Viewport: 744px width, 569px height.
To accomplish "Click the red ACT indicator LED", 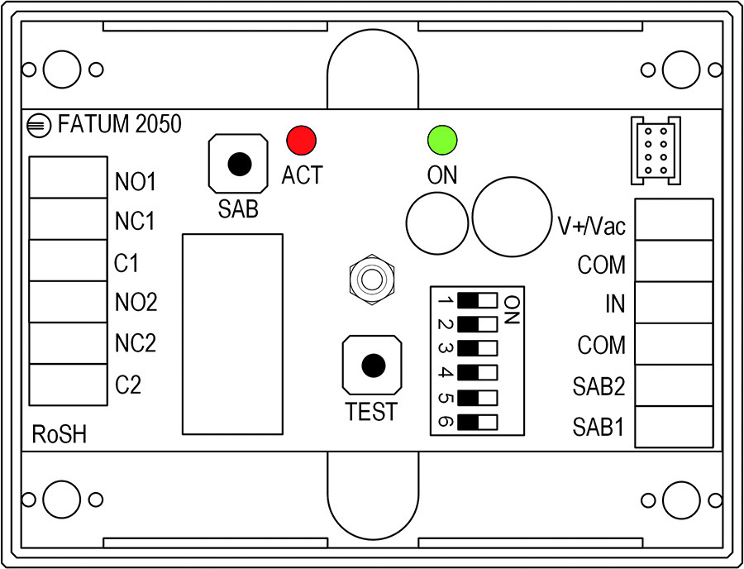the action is click(301, 140).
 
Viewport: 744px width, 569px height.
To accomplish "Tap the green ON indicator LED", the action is click(442, 140).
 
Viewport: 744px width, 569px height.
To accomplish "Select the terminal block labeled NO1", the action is click(68, 178).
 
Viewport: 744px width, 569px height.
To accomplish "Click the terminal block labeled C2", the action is click(68, 385).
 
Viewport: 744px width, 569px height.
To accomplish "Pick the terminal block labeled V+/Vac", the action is click(674, 219).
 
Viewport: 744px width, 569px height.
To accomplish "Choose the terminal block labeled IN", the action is click(674, 303).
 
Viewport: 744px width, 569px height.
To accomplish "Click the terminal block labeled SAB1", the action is click(674, 427).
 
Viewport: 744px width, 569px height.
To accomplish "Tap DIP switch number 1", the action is click(477, 300).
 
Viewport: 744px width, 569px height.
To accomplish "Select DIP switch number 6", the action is click(477, 422).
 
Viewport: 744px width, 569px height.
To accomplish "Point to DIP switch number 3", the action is click(477, 349).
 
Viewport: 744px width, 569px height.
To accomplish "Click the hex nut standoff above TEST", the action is click(371, 280).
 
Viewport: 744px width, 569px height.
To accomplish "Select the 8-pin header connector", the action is click(656, 151).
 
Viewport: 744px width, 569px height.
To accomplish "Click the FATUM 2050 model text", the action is click(119, 124).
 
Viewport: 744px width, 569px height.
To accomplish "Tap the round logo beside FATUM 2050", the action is click(38, 126).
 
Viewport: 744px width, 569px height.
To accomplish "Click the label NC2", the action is click(136, 343).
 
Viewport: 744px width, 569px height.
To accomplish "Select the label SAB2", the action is click(599, 387).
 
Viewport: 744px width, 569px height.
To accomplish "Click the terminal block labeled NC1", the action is click(68, 219).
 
